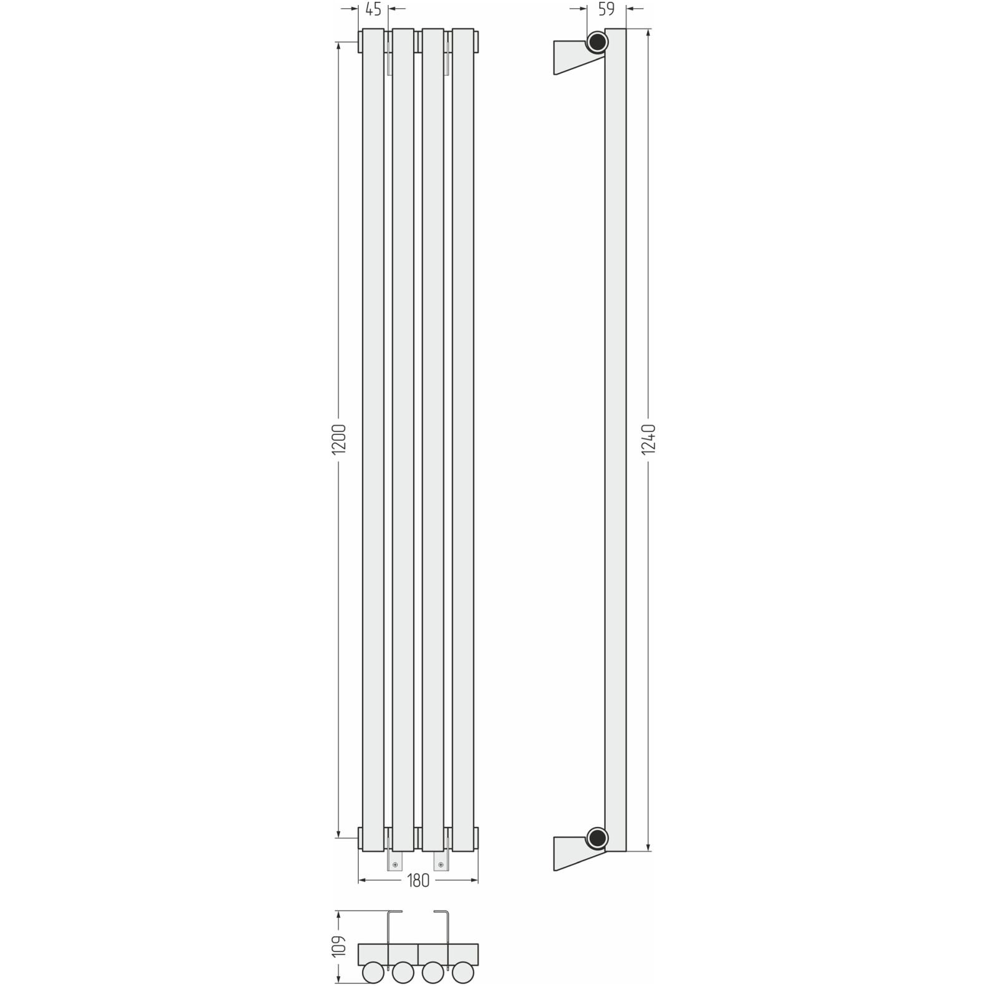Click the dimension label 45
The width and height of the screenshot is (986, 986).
(x=373, y=9)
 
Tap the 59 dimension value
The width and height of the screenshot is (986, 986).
(x=606, y=9)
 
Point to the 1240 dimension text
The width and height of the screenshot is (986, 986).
(x=649, y=440)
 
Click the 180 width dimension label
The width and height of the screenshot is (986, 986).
(x=418, y=881)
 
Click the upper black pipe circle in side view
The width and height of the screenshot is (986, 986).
(x=597, y=42)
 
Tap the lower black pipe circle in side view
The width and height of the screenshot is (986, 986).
(x=597, y=837)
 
